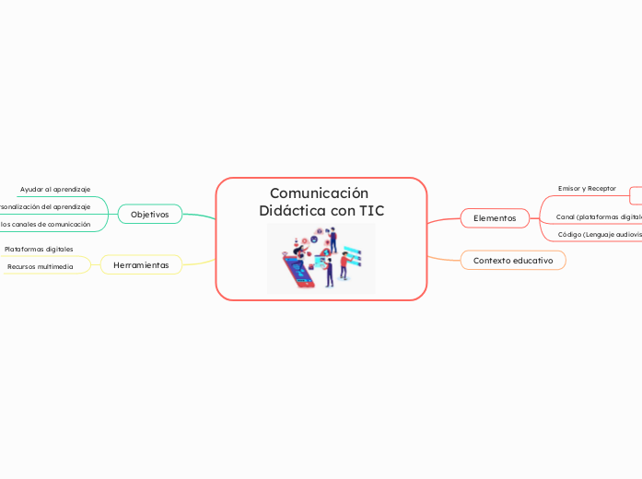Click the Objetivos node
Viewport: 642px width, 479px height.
(x=149, y=214)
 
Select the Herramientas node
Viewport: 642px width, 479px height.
(x=141, y=264)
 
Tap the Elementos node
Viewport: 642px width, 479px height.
(x=495, y=217)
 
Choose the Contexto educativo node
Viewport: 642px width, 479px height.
(x=512, y=261)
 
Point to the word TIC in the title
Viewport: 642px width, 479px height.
(x=371, y=211)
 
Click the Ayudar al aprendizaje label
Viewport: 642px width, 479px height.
(x=55, y=189)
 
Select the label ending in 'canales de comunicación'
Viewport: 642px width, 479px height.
(x=46, y=224)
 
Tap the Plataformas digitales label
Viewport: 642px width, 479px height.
(x=39, y=249)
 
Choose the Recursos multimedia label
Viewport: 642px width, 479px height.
(x=41, y=266)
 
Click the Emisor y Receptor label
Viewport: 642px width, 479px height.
(x=587, y=188)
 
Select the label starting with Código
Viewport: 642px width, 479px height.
(x=600, y=234)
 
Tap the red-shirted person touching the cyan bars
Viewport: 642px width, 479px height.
(x=344, y=265)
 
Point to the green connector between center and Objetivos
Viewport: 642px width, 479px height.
(x=199, y=216)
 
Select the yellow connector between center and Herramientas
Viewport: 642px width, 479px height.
(x=199, y=262)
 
